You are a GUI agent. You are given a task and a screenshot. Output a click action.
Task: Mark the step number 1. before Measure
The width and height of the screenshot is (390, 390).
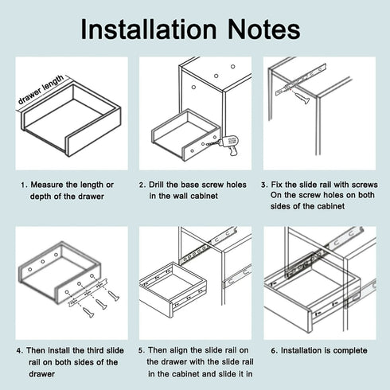click(25, 184)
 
